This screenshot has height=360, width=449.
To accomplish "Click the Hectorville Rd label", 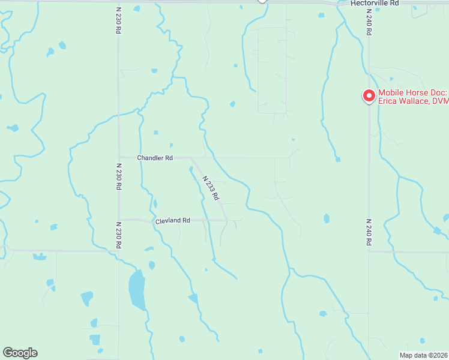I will (x=375, y=3).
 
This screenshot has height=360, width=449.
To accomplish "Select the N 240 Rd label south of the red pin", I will (x=369, y=232).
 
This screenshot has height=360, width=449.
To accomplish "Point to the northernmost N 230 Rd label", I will (x=118, y=20).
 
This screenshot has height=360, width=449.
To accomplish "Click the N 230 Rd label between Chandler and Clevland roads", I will (x=118, y=177).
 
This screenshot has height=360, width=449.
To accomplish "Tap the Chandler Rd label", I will (x=155, y=158).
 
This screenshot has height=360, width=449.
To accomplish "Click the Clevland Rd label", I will (x=172, y=221).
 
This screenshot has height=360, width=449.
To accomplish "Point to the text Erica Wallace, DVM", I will (x=413, y=101).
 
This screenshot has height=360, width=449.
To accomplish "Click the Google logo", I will (x=20, y=353).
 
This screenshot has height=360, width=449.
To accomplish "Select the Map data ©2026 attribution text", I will (x=423, y=355).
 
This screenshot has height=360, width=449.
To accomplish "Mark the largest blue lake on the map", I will (x=137, y=289).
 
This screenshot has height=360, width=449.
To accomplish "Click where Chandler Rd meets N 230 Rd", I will (x=119, y=157).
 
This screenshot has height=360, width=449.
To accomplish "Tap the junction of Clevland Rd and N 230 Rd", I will (x=119, y=220).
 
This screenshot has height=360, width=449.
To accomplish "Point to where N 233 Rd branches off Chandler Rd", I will (x=191, y=158).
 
